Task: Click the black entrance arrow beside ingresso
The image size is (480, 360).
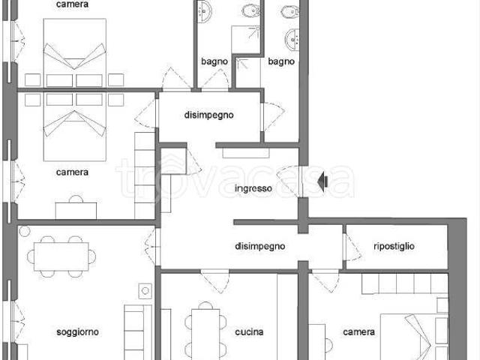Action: pyautogui.click(x=322, y=181)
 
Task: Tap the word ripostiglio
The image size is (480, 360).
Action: pyautogui.click(x=394, y=246)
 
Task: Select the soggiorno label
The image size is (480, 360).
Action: pyautogui.click(x=77, y=332)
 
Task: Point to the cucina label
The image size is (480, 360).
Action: pyautogui.click(x=249, y=331)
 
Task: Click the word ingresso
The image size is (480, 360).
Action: pyautogui.click(x=253, y=188)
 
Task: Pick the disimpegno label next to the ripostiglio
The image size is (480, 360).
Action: pyautogui.click(x=260, y=246)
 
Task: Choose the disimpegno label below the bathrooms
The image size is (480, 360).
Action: pyautogui.click(x=208, y=115)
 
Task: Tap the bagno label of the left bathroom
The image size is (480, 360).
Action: pyautogui.click(x=214, y=61)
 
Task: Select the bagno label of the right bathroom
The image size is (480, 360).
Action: pyautogui.click(x=281, y=61)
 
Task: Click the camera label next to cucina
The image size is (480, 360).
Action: pyautogui.click(x=358, y=331)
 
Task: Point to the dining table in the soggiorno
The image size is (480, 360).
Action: pyautogui.click(x=61, y=256)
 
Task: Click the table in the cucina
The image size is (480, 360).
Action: pyautogui.click(x=205, y=334)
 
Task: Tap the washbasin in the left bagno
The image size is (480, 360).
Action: pyautogui.click(x=203, y=11)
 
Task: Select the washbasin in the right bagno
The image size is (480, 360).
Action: pyautogui.click(x=293, y=39)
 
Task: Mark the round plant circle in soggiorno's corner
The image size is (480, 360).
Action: pyautogui.click(x=25, y=231)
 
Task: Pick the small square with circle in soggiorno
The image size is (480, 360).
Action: pyautogui.click(x=145, y=291)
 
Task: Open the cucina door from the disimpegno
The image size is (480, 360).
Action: pyautogui.click(x=215, y=282)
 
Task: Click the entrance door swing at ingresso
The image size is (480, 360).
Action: pyautogui.click(x=289, y=182)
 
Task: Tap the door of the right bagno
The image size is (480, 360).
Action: pyautogui.click(x=273, y=116)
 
